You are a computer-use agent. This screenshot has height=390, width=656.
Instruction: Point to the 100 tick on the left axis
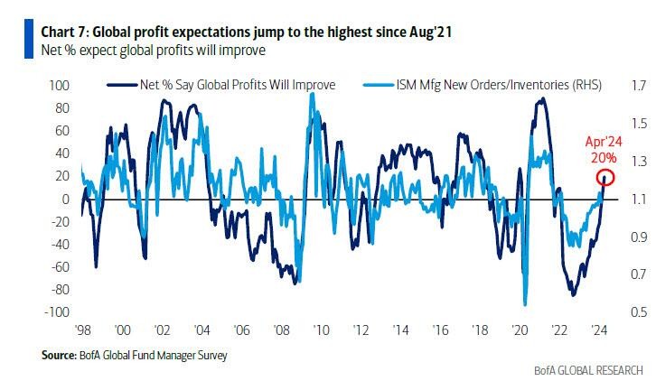58,86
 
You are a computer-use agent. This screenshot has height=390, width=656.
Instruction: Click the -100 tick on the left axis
56,312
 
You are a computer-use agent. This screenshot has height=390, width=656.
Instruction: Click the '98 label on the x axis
83,330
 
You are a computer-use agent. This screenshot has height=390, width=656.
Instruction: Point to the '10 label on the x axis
321,330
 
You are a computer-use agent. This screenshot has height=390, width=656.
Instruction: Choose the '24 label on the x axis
598,330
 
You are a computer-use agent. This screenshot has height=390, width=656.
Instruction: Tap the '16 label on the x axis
440,330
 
